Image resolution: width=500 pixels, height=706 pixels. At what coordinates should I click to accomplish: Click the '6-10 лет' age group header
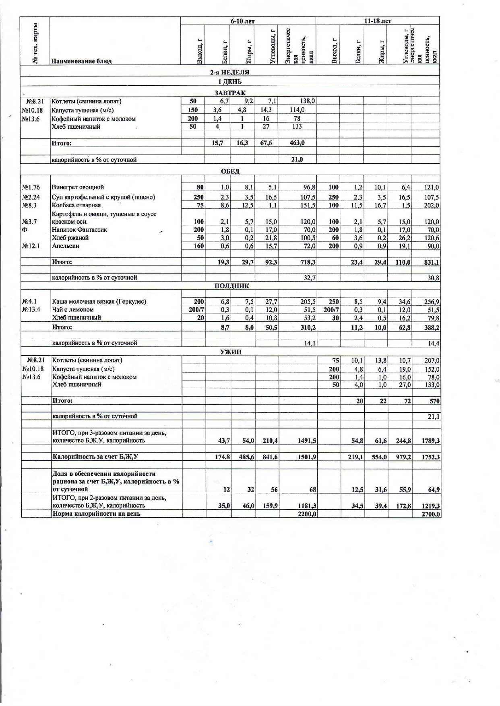[x=242, y=21]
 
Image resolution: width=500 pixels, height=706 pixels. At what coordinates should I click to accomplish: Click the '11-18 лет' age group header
[x=377, y=21]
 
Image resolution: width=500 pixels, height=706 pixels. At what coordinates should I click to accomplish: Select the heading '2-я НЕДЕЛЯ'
[x=229, y=72]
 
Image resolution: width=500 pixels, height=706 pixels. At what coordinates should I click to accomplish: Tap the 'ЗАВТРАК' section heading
[x=230, y=93]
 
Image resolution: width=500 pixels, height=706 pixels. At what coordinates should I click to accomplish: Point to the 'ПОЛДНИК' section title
[x=231, y=286]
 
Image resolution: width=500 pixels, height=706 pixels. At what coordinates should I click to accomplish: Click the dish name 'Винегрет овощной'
[x=78, y=187]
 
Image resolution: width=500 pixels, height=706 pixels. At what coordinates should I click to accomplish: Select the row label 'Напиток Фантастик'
[x=79, y=230]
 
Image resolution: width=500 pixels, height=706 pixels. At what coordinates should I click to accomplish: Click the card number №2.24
[x=31, y=197]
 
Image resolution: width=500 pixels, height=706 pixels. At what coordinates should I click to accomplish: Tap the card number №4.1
[x=29, y=301]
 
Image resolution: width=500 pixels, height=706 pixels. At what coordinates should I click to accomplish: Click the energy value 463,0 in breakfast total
[x=297, y=143]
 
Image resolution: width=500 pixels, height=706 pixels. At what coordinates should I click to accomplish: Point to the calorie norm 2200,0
[x=307, y=514]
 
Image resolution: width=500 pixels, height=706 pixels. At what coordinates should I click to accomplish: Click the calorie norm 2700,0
[x=431, y=514]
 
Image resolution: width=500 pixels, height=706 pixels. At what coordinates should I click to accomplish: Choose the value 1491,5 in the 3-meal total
[x=307, y=441]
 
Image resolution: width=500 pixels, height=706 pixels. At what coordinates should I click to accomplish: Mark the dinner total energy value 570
[x=434, y=401]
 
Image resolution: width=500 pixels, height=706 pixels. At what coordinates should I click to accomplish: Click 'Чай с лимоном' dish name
[x=73, y=309]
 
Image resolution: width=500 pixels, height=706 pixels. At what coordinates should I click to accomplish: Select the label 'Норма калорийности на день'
[x=97, y=514]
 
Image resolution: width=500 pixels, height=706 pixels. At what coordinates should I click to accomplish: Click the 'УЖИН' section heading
[x=231, y=352]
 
